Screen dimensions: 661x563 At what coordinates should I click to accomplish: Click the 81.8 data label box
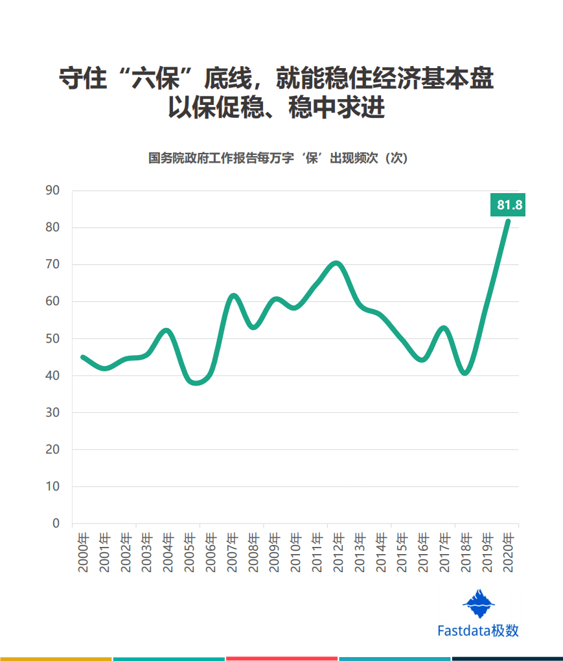pyautogui.click(x=509, y=205)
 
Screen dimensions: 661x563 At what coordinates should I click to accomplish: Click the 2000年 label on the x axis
pyautogui.click(x=83, y=553)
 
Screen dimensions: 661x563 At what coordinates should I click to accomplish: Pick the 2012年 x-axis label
pyautogui.click(x=338, y=553)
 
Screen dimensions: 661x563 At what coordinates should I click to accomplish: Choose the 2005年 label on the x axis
pyautogui.click(x=189, y=553)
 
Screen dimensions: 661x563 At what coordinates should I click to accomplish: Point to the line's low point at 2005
pyautogui.click(x=195, y=383)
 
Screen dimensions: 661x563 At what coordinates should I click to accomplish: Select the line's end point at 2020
pyautogui.click(x=508, y=221)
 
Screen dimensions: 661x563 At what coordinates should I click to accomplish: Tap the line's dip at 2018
pyautogui.click(x=465, y=373)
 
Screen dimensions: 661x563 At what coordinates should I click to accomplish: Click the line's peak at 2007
pyautogui.click(x=234, y=296)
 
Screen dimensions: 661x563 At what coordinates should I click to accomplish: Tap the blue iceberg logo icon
pyautogui.click(x=478, y=604)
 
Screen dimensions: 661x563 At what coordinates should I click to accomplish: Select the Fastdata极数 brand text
pyautogui.click(x=477, y=631)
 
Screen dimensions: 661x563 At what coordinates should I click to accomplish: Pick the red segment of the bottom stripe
pyautogui.click(x=281, y=658)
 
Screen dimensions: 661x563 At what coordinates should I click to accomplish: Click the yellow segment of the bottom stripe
pyautogui.click(x=56, y=658)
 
